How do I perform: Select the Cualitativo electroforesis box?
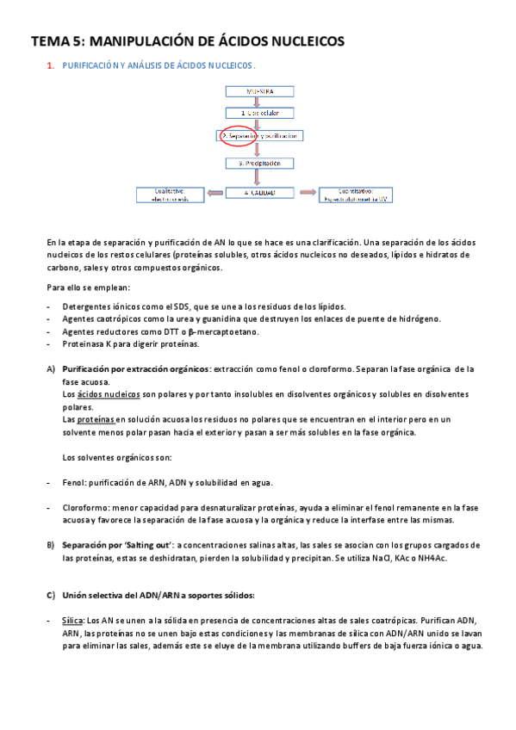click(170, 194)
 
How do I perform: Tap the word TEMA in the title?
click(49, 40)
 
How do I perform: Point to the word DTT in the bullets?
click(181, 331)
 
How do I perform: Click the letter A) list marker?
click(51, 369)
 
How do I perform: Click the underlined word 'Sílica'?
click(72, 621)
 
